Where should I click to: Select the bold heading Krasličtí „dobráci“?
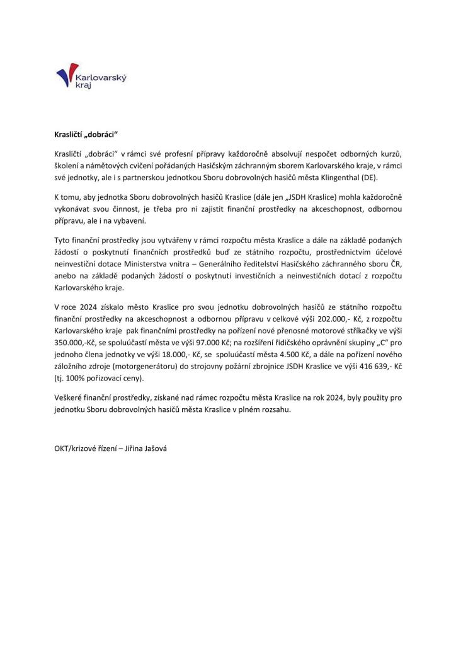[x=86, y=134]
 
